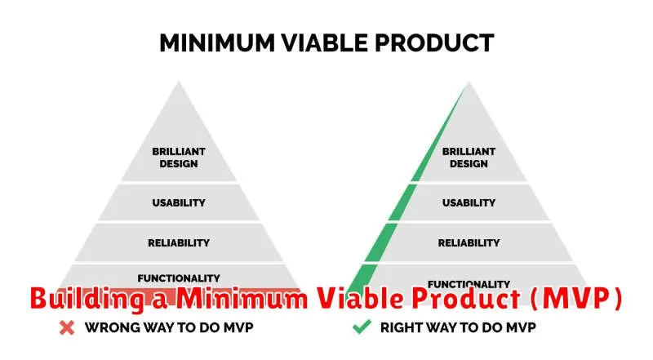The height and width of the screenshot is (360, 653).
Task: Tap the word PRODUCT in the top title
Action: [x=434, y=43]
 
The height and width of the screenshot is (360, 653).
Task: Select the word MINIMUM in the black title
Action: [x=217, y=43]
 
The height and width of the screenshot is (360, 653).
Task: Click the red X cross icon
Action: [x=67, y=328]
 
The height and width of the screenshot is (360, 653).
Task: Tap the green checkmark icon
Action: [x=362, y=327]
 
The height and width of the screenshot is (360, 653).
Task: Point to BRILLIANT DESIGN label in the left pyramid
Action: [x=179, y=158]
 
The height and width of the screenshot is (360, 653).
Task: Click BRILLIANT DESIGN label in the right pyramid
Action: [x=469, y=158]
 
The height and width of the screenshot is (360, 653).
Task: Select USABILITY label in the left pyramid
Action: [x=179, y=203]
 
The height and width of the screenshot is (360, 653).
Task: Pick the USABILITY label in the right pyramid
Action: [x=469, y=203]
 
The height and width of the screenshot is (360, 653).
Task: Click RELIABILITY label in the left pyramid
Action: [x=179, y=243]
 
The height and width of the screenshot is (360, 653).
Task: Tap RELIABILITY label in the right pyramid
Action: [x=469, y=243]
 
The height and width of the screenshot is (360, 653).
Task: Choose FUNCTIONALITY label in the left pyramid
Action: [x=179, y=278]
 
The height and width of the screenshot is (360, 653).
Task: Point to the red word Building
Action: [x=87, y=299]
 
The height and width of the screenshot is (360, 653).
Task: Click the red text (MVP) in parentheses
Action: [x=576, y=298]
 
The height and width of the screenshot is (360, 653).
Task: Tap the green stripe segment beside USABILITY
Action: [x=402, y=202]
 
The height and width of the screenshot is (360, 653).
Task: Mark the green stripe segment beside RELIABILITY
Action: [x=382, y=242]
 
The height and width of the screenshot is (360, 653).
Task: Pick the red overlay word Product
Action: [x=466, y=298]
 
